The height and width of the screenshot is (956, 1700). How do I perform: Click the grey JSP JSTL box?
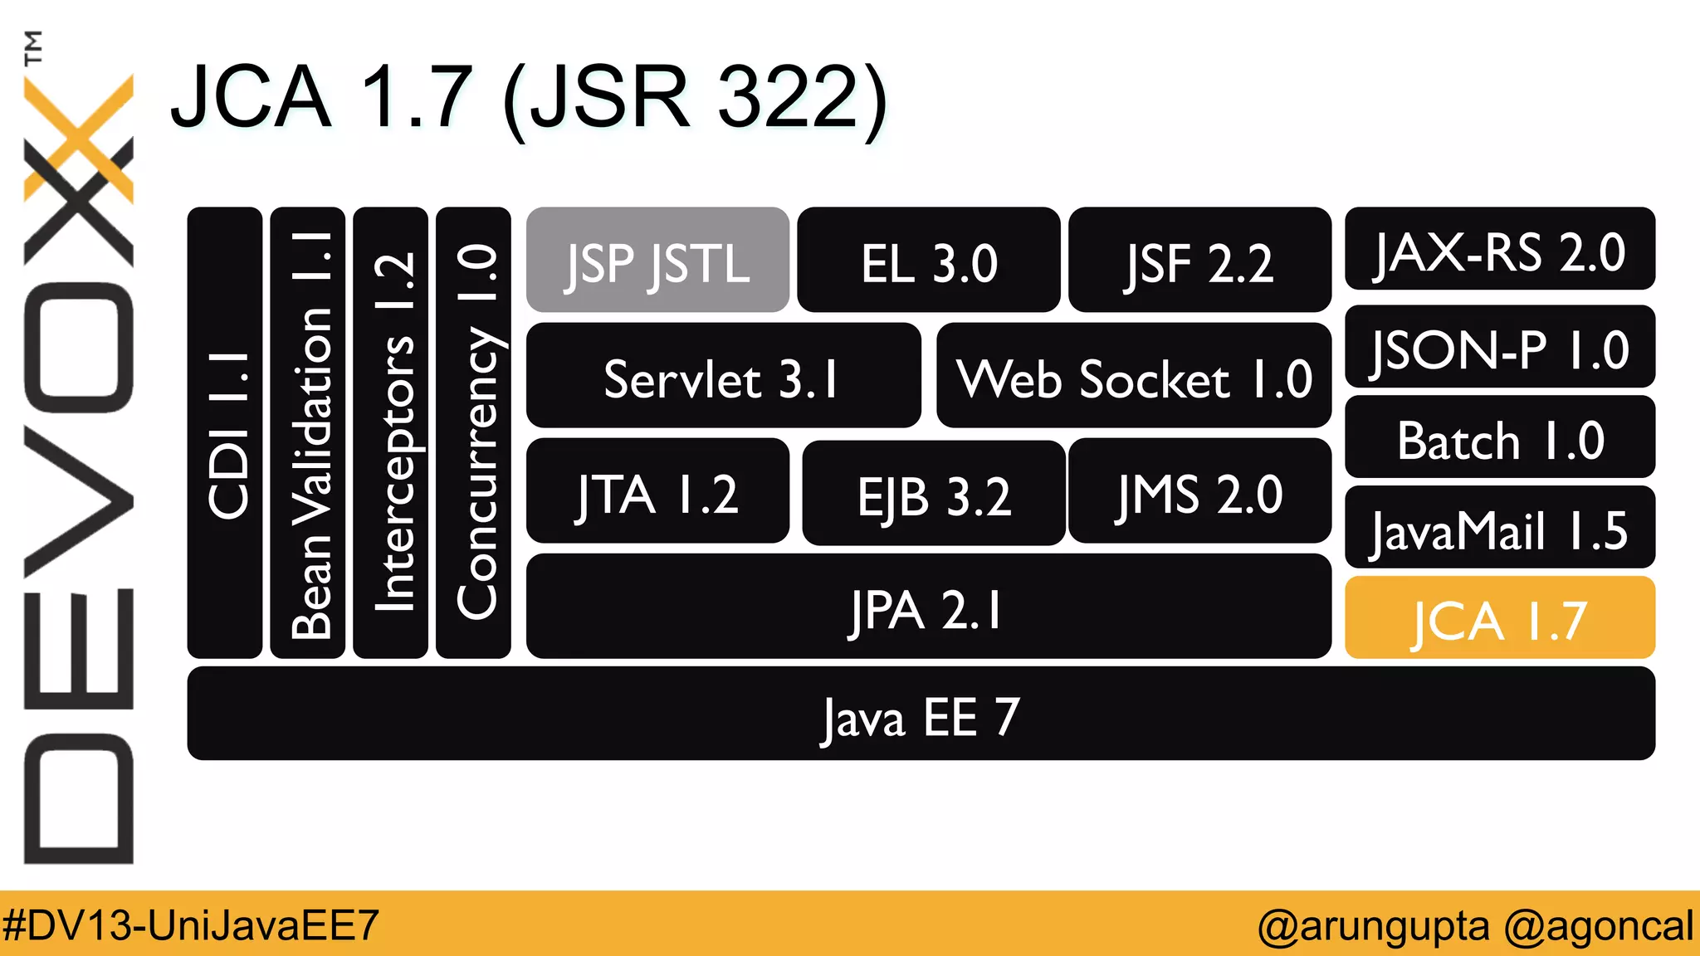click(x=657, y=261)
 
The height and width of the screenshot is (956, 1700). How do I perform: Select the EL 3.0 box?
click(x=928, y=261)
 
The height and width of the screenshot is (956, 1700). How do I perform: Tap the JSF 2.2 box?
click(x=1199, y=261)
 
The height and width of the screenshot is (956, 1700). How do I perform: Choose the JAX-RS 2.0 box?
click(x=1499, y=249)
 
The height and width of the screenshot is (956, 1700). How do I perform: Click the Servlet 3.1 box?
click(x=723, y=376)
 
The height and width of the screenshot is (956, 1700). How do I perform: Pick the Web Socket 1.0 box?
click(x=1134, y=376)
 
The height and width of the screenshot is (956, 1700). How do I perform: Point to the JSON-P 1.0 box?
click(x=1499, y=347)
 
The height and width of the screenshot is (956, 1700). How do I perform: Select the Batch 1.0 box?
click(x=1499, y=437)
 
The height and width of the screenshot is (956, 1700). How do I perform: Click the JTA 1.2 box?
click(x=657, y=491)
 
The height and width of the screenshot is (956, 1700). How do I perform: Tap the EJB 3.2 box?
click(x=933, y=494)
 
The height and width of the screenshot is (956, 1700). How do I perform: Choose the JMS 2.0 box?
click(x=1199, y=491)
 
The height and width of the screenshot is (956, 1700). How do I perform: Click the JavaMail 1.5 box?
click(x=1499, y=528)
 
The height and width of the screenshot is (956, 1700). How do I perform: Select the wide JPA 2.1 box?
click(x=928, y=607)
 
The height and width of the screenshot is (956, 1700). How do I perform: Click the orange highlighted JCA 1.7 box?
click(x=1499, y=618)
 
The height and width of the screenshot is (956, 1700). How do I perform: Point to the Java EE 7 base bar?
click(x=921, y=715)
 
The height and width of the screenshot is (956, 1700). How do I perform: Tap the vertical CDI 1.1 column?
click(x=225, y=433)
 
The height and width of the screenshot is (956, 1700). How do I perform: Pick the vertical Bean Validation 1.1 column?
click(x=308, y=433)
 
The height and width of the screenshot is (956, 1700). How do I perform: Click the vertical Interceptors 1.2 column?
click(x=390, y=433)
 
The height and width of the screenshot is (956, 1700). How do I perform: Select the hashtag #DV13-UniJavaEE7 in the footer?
click(x=191, y=924)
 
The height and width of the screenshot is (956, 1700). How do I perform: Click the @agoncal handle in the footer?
click(x=1598, y=924)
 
